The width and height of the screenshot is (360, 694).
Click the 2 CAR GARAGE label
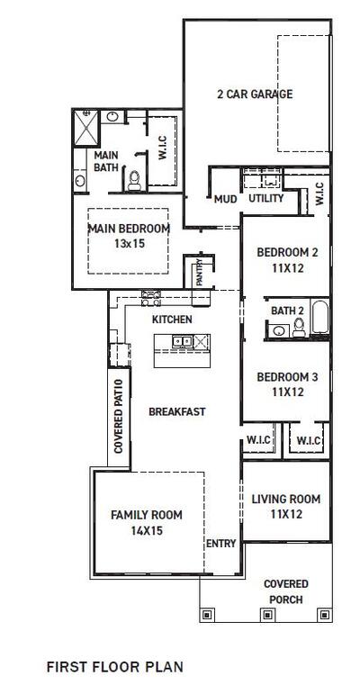(254, 94)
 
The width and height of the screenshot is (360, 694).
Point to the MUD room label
(224, 199)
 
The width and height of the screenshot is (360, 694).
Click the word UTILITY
(266, 199)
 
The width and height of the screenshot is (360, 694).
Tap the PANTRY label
(199, 272)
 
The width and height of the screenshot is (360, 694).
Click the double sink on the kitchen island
(182, 342)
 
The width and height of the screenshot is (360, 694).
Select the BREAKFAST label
(177, 411)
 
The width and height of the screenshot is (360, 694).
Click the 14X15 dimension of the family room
(146, 531)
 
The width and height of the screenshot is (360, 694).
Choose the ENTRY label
(220, 544)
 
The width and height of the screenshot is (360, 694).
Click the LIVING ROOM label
(285, 500)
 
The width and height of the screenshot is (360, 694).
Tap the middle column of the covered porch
(265, 615)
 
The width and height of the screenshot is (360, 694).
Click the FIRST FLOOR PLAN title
(114, 667)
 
